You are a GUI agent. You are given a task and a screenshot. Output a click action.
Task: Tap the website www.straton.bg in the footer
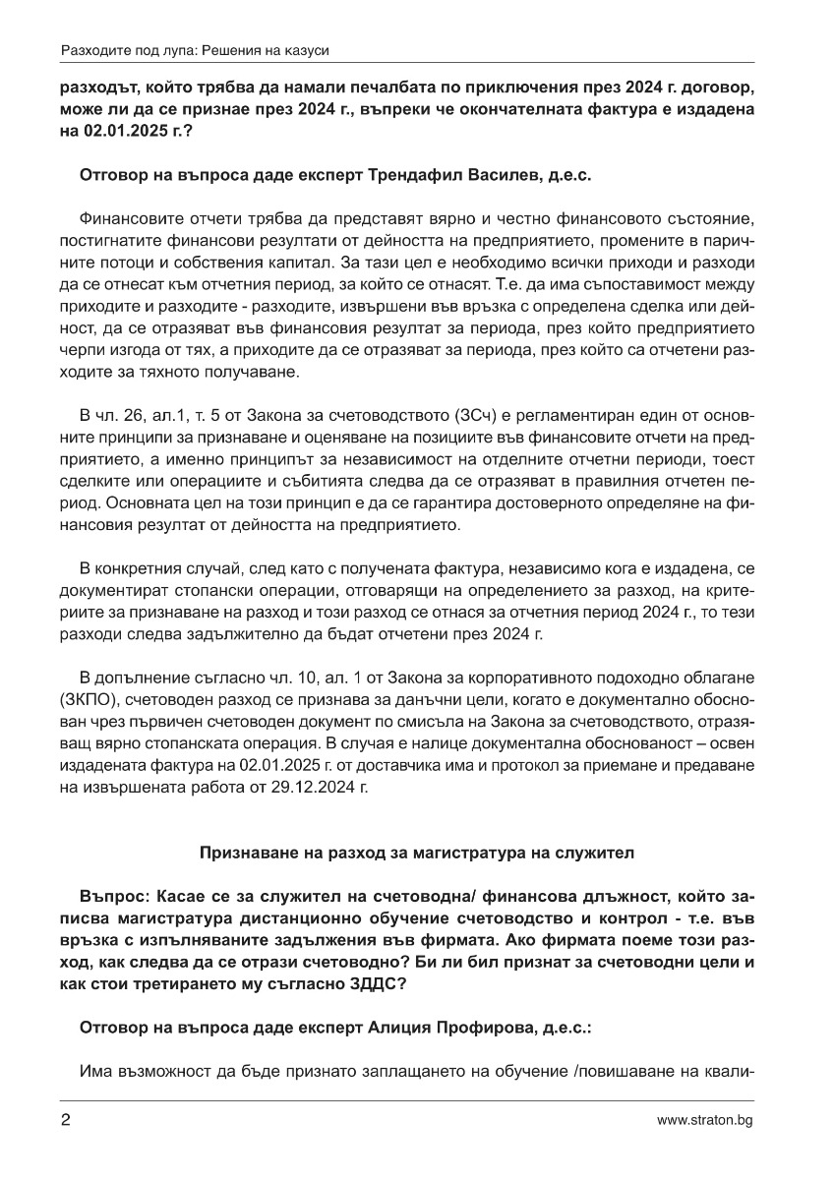pos(705,1120)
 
